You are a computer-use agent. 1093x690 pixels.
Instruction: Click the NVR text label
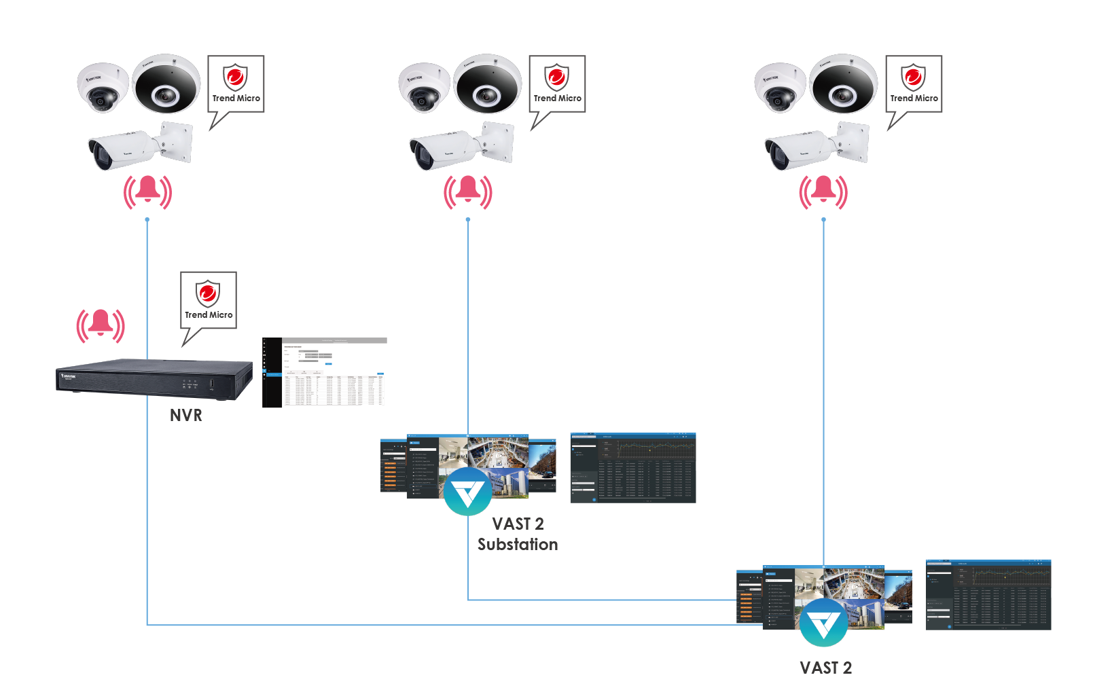pos(186,415)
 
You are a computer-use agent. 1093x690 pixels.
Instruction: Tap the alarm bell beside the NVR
pos(101,325)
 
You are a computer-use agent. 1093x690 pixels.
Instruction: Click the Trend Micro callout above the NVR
pos(209,300)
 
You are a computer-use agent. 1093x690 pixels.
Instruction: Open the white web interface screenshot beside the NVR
pos(325,372)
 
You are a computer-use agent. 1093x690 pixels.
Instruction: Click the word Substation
pos(518,545)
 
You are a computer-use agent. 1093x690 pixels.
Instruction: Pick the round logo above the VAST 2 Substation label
pos(468,491)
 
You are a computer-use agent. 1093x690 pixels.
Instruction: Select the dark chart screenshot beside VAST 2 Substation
pos(633,468)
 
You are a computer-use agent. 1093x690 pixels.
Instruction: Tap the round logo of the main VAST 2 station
pos(823,622)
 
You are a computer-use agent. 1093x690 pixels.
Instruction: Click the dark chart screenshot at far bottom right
pos(988,595)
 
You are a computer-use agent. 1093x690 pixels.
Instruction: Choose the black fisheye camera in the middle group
pos(488,84)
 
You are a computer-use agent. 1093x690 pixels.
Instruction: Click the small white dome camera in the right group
pos(780,87)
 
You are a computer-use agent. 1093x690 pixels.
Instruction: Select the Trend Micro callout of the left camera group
pos(236,84)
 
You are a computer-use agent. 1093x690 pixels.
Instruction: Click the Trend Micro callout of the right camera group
pos(914,84)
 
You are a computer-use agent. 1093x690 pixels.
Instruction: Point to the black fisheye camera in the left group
pos(166,84)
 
